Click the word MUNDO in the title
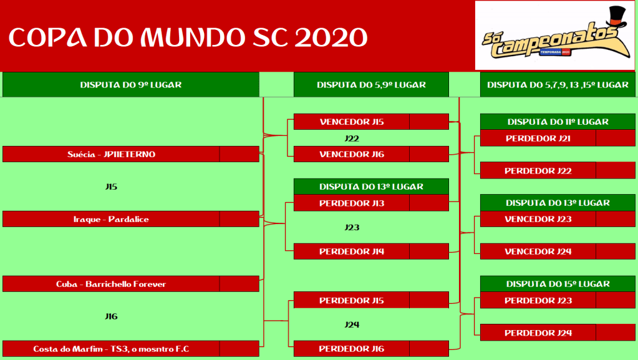[x=193, y=37]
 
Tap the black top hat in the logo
[x=617, y=17]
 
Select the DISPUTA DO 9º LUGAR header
[x=130, y=85]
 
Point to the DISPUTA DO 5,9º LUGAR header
[x=371, y=85]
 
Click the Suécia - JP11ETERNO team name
[x=111, y=154]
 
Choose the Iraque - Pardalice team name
[x=111, y=219]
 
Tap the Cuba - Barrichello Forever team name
[x=111, y=285]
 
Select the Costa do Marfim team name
[x=111, y=349]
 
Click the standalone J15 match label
[x=111, y=187]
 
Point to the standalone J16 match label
[x=111, y=316]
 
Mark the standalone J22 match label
[x=352, y=139]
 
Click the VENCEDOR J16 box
[x=352, y=154]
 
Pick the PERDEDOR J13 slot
[x=352, y=203]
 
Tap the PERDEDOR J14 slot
[x=352, y=251]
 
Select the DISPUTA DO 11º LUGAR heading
[x=558, y=122]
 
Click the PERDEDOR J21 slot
[x=538, y=139]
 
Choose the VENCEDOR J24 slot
[x=538, y=251]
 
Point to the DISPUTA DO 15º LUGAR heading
[x=558, y=284]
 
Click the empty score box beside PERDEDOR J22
[x=616, y=170]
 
